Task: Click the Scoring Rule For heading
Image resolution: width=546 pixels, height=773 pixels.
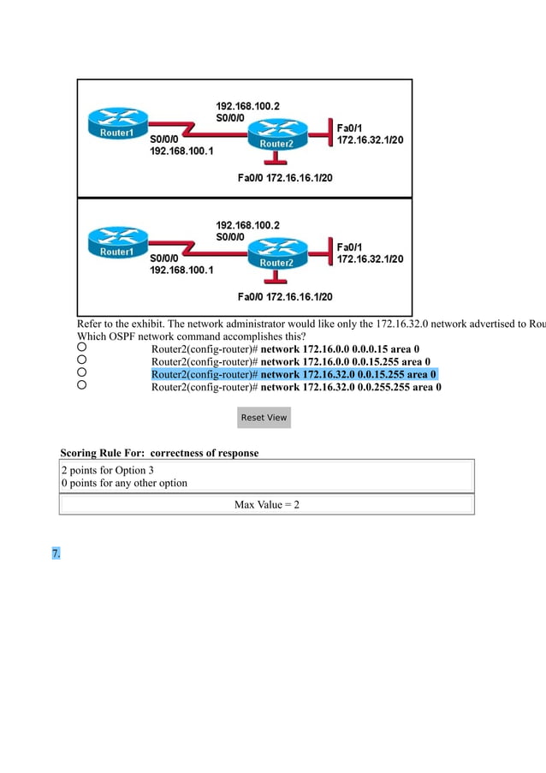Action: click(x=159, y=452)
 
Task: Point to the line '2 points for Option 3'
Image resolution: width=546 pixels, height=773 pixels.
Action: click(x=108, y=470)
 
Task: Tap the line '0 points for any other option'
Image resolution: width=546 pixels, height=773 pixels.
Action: click(x=124, y=483)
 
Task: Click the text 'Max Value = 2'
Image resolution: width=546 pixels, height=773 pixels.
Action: click(x=266, y=505)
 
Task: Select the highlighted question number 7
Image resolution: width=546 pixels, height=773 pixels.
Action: click(x=56, y=554)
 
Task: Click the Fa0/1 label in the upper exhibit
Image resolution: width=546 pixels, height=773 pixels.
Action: click(x=349, y=127)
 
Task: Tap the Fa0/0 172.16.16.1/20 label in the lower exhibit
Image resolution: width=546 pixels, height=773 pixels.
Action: click(x=284, y=297)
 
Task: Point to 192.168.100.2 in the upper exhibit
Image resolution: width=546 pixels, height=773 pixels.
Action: click(x=247, y=107)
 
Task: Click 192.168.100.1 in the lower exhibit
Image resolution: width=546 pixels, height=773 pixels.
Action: click(x=182, y=270)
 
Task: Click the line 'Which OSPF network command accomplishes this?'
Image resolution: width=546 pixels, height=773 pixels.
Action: click(x=185, y=336)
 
